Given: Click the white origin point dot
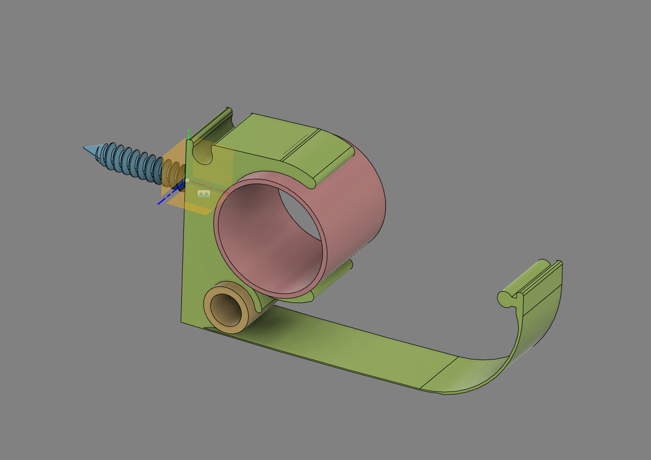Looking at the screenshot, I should point(187,180).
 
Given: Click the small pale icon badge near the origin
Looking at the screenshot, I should point(204,194).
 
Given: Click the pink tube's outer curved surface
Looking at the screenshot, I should point(361,206).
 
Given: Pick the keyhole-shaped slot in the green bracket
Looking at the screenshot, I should point(202,153).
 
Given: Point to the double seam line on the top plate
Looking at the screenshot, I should point(301,144).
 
